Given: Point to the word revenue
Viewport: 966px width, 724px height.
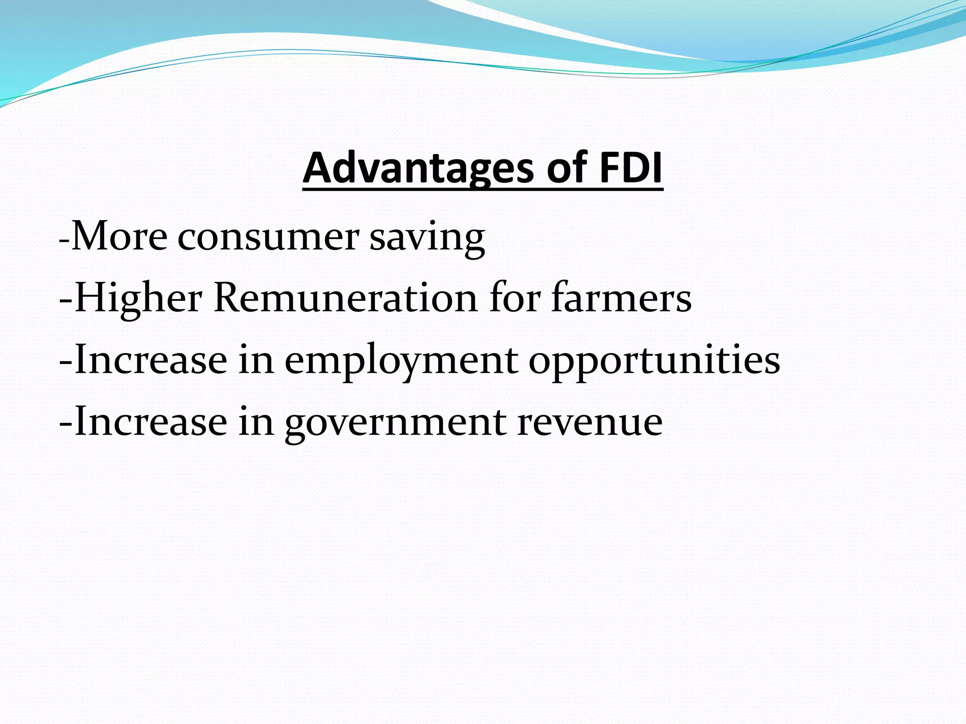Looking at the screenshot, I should point(590,422).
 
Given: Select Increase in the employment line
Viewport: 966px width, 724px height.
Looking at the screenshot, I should point(150,360).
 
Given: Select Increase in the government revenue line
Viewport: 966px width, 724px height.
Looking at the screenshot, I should point(150,422).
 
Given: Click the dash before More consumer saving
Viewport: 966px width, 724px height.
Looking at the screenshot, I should point(64,241).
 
